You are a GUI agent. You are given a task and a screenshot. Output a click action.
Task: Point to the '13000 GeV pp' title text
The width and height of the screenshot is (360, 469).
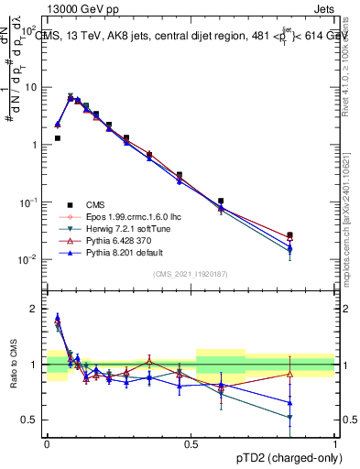74,7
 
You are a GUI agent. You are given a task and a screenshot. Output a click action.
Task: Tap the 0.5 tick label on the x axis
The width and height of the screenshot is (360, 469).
191,443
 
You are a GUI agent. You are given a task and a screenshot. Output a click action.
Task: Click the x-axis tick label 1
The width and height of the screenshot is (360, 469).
335,443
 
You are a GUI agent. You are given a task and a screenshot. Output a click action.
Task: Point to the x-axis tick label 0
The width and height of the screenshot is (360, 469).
47,443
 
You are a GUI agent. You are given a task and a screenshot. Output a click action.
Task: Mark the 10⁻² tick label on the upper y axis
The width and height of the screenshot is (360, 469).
30,260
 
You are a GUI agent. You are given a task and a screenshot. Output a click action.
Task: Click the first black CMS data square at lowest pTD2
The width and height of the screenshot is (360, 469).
58,138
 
